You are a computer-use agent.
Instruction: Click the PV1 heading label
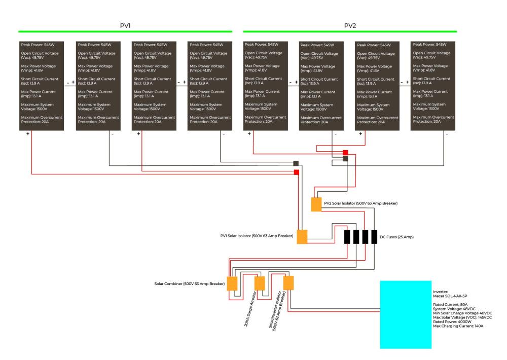tap(125, 25)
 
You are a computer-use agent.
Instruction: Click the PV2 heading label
tap(350, 25)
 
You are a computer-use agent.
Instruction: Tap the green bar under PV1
tap(125, 31)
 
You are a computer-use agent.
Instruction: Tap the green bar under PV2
tap(350, 31)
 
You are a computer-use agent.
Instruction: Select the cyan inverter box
tap(406, 314)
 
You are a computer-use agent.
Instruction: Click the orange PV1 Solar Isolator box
tap(302, 237)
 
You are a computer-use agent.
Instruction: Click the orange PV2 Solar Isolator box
tap(316, 204)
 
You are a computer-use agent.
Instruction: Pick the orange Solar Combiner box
tap(232, 283)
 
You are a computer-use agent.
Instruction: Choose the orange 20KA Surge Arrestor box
tap(260, 283)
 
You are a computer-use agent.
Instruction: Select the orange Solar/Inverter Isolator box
tap(288, 283)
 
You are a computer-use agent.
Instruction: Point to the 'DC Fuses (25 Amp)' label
tap(396, 237)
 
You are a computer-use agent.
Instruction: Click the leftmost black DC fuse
tap(347, 237)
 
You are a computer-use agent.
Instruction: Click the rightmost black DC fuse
tap(374, 237)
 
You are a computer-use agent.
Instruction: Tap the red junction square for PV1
tap(297, 172)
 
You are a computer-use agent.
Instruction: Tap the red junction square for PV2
tap(345, 153)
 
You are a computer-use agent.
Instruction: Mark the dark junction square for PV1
tap(296, 163)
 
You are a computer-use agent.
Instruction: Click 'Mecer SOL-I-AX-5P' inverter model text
tap(450, 296)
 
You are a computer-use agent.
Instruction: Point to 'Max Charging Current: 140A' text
tap(458, 326)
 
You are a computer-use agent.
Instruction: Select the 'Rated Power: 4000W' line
tap(452, 322)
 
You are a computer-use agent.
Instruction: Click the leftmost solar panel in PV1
tap(42, 86)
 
